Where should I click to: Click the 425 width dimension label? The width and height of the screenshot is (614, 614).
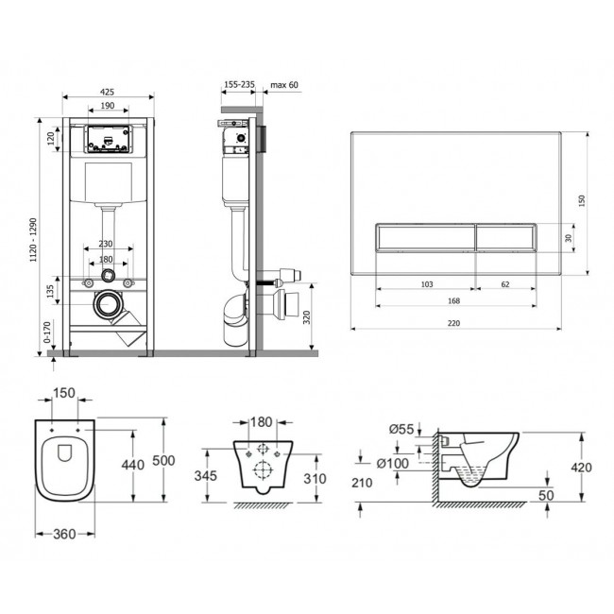coord(107,92)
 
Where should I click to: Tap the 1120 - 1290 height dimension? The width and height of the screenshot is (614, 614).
coord(34,240)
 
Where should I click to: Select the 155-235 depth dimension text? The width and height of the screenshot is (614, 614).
coord(239,84)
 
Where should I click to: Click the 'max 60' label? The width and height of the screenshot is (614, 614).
coord(284,85)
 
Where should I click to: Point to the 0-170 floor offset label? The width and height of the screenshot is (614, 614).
coord(47,333)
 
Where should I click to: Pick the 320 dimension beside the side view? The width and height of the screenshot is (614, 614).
coord(306,317)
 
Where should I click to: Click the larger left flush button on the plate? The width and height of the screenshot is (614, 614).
coord(426,238)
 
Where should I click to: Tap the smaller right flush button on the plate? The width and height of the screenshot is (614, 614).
coord(506,238)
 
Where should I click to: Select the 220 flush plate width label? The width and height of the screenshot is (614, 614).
coord(453,323)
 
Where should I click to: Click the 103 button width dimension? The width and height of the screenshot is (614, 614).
coord(427,284)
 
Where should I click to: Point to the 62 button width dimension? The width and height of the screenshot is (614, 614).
coord(505,284)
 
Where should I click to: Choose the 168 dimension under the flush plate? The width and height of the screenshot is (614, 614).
coord(453,300)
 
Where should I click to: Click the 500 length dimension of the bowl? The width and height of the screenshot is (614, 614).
coord(163,461)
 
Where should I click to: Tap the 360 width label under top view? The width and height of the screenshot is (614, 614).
coord(64,534)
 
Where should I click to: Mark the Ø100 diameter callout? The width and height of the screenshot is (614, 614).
coord(393,464)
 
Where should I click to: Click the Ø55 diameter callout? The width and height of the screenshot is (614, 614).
coord(401,429)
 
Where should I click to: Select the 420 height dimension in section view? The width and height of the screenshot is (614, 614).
coord(582,468)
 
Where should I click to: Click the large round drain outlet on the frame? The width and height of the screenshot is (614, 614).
coord(107,304)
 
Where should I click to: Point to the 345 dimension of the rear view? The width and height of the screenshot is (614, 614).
coord(206,475)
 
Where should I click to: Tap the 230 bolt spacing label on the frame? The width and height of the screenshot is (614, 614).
coord(106,244)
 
